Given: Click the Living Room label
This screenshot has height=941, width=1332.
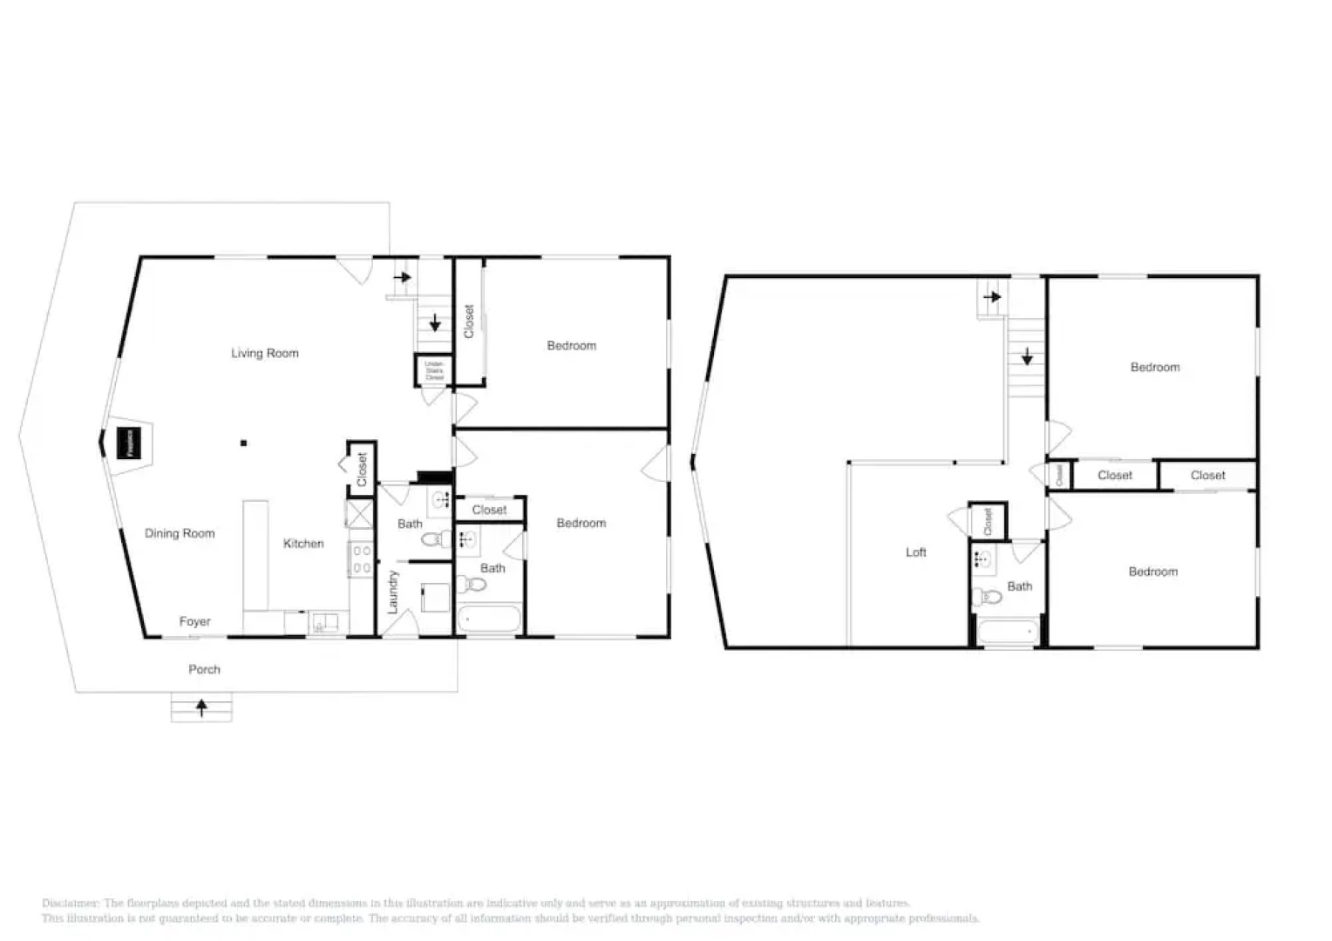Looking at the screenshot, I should [264, 353].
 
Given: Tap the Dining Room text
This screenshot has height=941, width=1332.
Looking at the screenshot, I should [180, 533].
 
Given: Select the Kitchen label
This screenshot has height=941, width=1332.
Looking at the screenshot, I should [303, 543].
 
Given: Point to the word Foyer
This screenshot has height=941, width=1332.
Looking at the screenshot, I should [194, 621].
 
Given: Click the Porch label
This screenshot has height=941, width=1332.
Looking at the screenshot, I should [204, 669].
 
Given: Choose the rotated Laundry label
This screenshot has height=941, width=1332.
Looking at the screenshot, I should [392, 592].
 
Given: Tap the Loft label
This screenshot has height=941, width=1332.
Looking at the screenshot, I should [915, 552].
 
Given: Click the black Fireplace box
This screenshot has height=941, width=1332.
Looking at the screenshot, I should [129, 443].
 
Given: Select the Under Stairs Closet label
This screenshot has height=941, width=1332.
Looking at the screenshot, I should [434, 371].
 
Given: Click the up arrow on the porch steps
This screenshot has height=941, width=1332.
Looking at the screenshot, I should [201, 707].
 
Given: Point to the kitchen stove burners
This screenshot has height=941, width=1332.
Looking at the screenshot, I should [362, 559].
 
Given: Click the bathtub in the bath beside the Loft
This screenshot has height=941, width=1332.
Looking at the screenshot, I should [1008, 632].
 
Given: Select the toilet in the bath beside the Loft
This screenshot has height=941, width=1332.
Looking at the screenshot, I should [988, 597].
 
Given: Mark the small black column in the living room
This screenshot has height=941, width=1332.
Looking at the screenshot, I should [244, 443].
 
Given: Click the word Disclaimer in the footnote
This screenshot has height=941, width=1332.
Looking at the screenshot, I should [71, 904].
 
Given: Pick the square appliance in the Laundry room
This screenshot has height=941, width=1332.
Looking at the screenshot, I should [435, 598].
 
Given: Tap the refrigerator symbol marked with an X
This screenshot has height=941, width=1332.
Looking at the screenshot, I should [360, 513].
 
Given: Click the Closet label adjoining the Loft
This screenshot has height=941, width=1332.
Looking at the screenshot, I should [988, 521].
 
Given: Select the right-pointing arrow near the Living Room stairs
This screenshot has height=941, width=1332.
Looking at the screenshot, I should [402, 278].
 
